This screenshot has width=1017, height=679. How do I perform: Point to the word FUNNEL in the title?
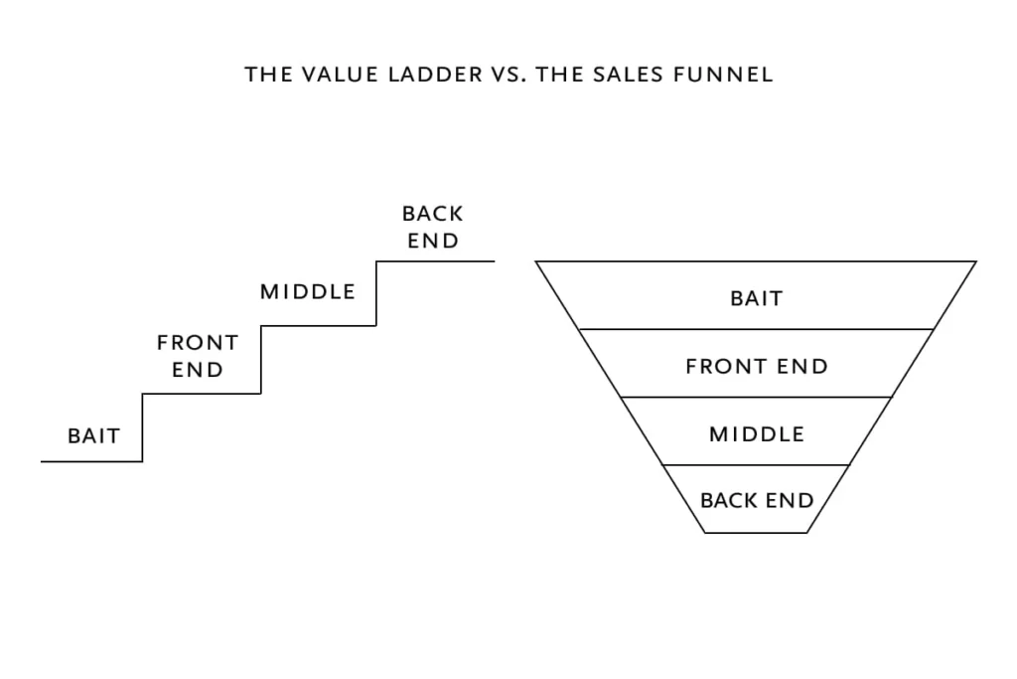tap(725, 75)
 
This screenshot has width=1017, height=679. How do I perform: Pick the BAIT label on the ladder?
tap(93, 435)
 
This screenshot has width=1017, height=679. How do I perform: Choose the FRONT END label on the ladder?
tap(198, 356)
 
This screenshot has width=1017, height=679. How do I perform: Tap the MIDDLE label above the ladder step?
tap(308, 291)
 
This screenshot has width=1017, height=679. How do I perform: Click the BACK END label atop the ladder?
tap(433, 227)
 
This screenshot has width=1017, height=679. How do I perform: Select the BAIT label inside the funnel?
tap(757, 298)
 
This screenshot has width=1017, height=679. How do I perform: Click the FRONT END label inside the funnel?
tap(757, 366)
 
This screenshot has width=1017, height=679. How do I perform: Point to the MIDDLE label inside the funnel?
tap(757, 433)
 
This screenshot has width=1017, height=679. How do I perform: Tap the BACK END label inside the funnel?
tap(757, 500)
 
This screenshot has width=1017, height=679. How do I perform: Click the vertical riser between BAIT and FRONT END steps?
tap(142, 427)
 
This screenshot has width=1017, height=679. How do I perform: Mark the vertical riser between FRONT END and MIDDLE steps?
tap(260, 359)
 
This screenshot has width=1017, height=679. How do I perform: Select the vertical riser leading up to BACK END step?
tap(376, 293)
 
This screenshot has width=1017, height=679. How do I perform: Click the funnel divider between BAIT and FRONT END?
tap(757, 329)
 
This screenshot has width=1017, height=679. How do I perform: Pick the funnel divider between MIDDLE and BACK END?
tap(757, 465)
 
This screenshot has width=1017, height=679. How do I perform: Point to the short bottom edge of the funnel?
tap(757, 533)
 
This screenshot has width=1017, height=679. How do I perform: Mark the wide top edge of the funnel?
tap(757, 261)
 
